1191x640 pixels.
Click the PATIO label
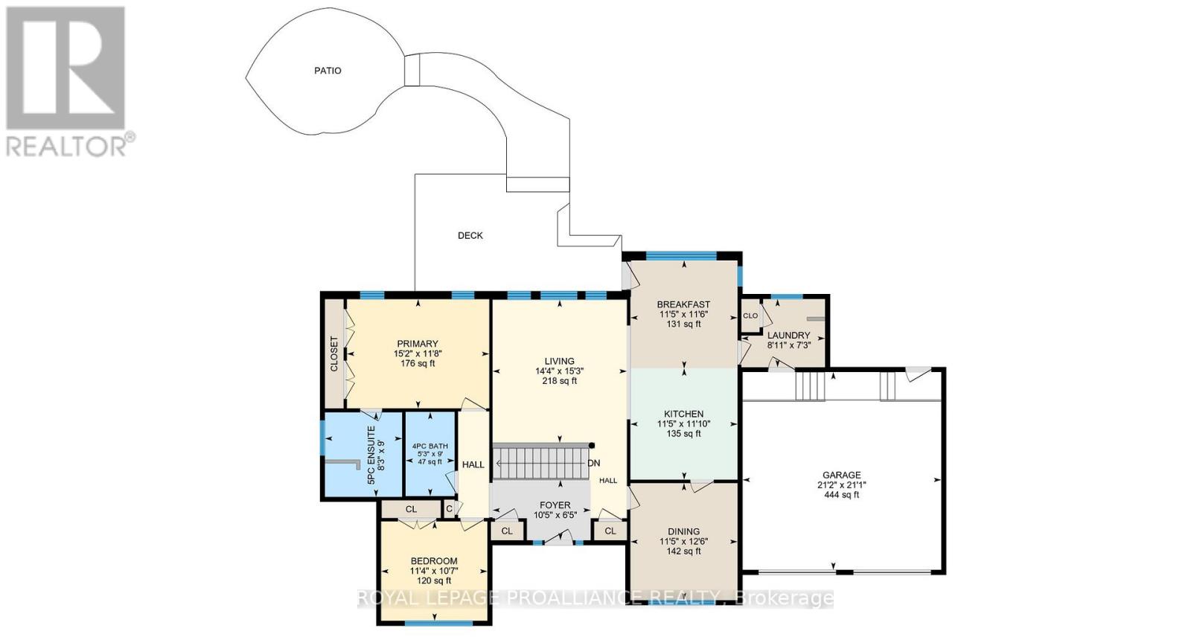tap(328, 71)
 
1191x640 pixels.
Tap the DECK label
tap(470, 236)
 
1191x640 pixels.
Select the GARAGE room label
tap(841, 475)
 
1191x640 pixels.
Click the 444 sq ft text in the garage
tap(841, 495)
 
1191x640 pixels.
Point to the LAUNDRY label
tap(788, 336)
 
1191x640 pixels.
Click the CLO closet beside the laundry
tap(750, 316)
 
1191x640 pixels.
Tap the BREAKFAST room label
tap(683, 304)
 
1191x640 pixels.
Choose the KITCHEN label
tap(683, 414)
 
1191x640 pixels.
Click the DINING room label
tap(683, 532)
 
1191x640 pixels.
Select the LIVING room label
tap(559, 361)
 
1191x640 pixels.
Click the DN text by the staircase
tap(594, 463)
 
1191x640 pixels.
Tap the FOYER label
tap(555, 505)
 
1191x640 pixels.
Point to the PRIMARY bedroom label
tap(417, 344)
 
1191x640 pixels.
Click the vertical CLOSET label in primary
tap(333, 354)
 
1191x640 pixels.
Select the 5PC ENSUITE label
tap(371, 455)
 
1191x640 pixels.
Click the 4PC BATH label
tap(430, 447)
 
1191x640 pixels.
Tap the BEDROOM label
tap(434, 561)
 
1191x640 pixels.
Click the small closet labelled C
tap(449, 509)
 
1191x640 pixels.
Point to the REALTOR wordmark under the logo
tap(66, 146)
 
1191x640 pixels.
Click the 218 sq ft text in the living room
tap(559, 381)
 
